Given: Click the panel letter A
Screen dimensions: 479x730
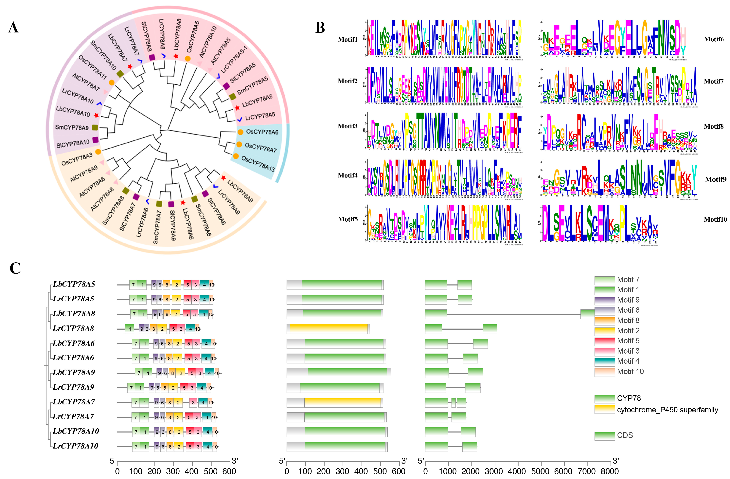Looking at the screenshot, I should click(13, 28).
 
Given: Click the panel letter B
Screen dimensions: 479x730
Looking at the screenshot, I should click(320, 28).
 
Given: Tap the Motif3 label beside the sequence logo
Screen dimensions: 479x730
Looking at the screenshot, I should click(347, 126).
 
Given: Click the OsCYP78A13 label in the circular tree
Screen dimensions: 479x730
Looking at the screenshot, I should click(258, 164).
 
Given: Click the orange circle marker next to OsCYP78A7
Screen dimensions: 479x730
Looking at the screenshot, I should click(239, 144).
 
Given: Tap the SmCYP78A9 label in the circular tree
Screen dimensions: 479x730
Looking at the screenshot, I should click(72, 127).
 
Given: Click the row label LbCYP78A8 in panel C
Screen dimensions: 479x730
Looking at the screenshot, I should click(74, 314).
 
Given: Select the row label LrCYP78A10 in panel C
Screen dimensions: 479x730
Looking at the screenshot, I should click(76, 446).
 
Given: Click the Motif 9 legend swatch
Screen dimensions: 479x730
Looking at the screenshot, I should click(605, 300).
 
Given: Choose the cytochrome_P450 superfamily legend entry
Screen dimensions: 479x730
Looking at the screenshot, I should click(667, 410).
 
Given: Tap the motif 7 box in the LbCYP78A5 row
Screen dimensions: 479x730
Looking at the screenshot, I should click(133, 285).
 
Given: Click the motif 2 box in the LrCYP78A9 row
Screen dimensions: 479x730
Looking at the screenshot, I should click(173, 388).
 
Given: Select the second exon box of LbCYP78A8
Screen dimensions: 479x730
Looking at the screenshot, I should click(587, 314).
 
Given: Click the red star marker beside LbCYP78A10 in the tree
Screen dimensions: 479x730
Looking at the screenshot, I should click(96, 115).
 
